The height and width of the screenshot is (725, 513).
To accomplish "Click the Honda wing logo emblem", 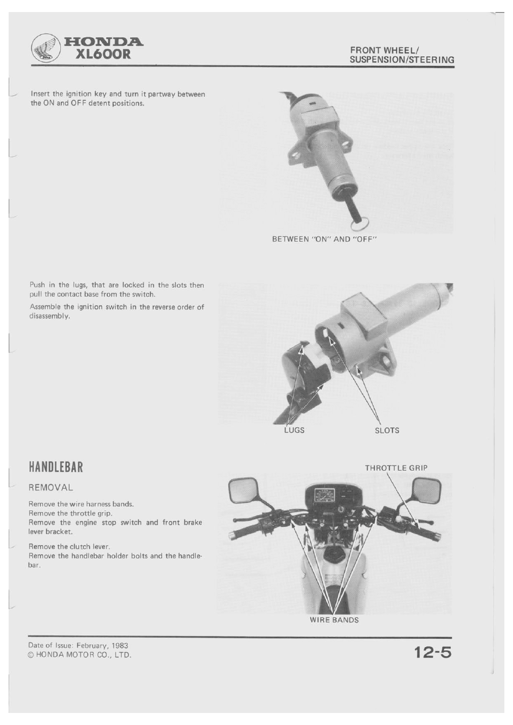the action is point(45,48).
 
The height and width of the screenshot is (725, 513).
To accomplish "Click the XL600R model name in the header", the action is point(103,55).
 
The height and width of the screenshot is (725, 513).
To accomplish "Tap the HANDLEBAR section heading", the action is point(56,467).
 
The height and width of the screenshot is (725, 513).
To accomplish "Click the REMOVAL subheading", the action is point(51,487).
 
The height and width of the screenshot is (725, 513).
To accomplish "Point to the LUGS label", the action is point(294,431).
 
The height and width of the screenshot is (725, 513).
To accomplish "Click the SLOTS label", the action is point(387,431).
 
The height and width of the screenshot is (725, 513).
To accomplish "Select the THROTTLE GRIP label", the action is point(396,468).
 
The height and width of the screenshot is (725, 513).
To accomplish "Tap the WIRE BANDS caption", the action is point(334,620).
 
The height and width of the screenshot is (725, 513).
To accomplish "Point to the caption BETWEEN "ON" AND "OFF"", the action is point(325,239).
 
